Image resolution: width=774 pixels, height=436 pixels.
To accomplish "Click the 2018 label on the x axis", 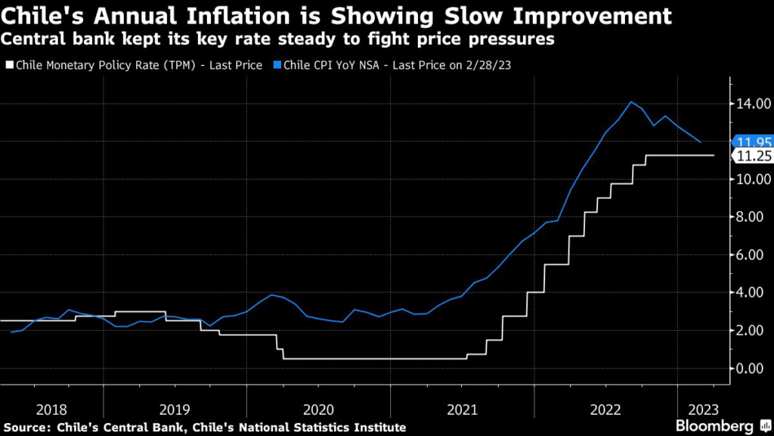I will coord(51,409).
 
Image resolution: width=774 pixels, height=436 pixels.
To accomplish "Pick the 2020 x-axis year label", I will coord(318,409).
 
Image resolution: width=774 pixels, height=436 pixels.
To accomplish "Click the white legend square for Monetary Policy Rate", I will coord(8,66).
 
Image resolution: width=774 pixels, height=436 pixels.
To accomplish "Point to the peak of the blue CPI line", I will coord(630,101).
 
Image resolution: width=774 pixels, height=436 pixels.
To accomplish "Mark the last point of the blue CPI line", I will coord(701,142).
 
